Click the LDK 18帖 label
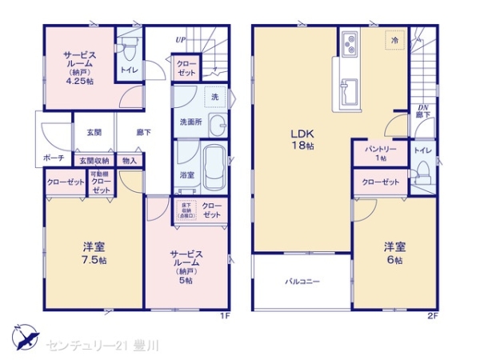tap(301, 139)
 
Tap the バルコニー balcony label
tap(302, 282)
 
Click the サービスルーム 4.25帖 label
tap(81, 67)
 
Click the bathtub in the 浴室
tap(212, 167)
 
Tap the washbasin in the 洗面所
tap(216, 124)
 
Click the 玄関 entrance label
tap(94, 132)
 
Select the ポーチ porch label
tap(54, 158)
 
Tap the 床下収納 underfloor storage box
tap(186, 211)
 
